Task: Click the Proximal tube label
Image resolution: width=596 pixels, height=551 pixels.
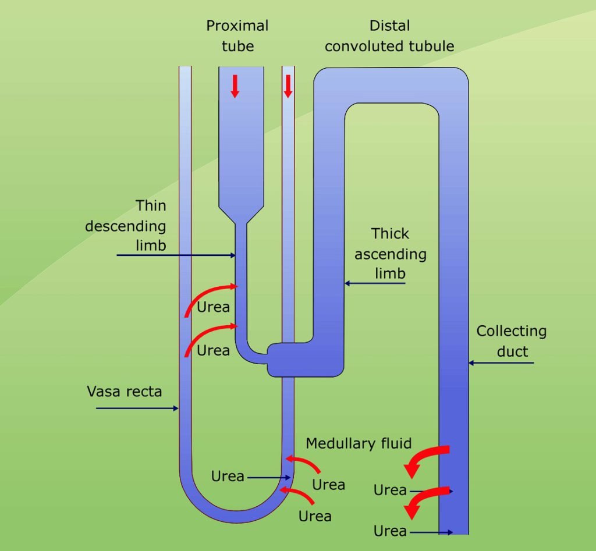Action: tap(237, 35)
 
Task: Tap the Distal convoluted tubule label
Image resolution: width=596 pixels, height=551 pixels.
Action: tap(389, 35)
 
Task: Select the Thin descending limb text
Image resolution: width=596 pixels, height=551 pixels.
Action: tap(126, 225)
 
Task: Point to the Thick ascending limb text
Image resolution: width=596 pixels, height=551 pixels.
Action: tap(390, 253)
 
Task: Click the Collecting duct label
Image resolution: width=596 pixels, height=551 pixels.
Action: tap(512, 341)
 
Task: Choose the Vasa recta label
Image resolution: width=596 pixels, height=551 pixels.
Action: tap(125, 391)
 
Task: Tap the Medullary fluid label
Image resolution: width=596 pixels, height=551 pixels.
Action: tap(359, 443)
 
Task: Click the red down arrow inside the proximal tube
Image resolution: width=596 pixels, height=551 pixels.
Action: tap(235, 86)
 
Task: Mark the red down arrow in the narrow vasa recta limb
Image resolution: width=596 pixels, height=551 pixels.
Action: tap(288, 86)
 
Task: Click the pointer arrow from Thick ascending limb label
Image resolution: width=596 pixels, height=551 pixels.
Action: tap(374, 283)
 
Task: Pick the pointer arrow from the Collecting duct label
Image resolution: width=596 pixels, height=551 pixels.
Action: tap(501, 363)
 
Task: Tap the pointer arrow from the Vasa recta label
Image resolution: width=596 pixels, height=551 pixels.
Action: tap(137, 408)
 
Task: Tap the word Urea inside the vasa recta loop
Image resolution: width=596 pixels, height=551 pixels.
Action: tap(228, 476)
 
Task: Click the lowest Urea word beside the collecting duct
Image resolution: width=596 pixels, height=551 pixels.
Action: tap(390, 531)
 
